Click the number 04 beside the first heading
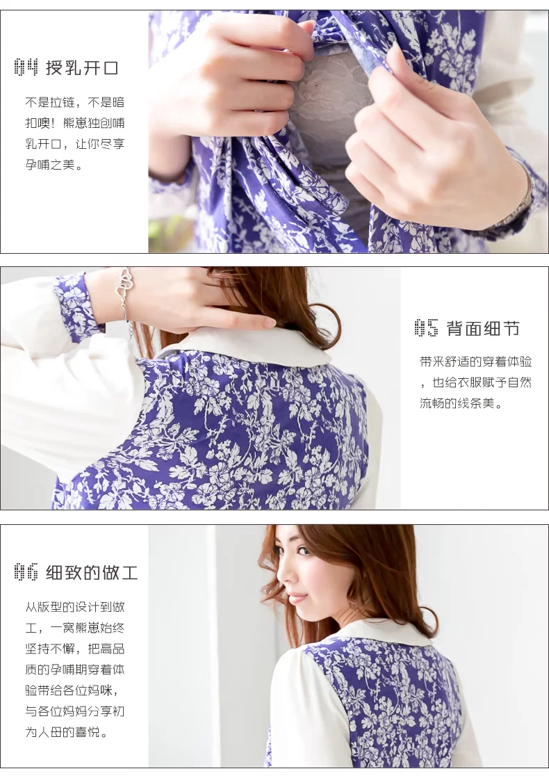pyautogui.click(x=26, y=67)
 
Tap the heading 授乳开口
pyautogui.click(x=82, y=67)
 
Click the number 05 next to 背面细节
pyautogui.click(x=426, y=328)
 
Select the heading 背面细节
pyautogui.click(x=483, y=328)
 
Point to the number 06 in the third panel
pyautogui.click(x=26, y=572)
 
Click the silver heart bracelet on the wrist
pyautogui.click(x=124, y=298)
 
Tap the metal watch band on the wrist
pyautogui.click(x=518, y=204)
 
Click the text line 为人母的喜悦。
pyautogui.click(x=67, y=732)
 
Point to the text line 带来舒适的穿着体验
pyautogui.click(x=476, y=362)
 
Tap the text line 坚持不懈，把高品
pyautogui.click(x=75, y=649)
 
